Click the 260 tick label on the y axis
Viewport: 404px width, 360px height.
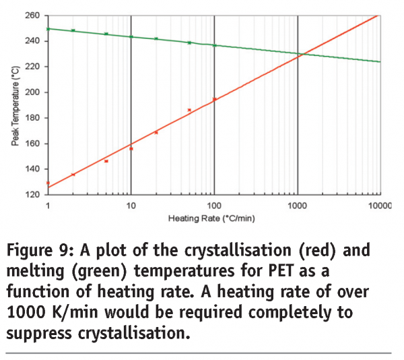coord(33,15)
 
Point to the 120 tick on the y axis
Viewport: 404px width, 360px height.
coord(33,195)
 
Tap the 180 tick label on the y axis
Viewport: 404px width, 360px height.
coord(33,118)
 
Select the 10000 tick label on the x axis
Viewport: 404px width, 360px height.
coord(379,204)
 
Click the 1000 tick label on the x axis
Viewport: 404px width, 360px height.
coord(298,204)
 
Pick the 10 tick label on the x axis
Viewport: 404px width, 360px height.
coord(131,204)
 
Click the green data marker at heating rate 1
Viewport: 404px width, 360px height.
coord(48,28)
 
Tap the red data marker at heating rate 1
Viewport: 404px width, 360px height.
coord(48,183)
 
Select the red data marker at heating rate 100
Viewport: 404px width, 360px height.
coord(214,100)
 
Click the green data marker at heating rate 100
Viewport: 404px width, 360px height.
coord(214,45)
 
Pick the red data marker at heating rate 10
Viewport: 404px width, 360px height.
coord(131,148)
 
